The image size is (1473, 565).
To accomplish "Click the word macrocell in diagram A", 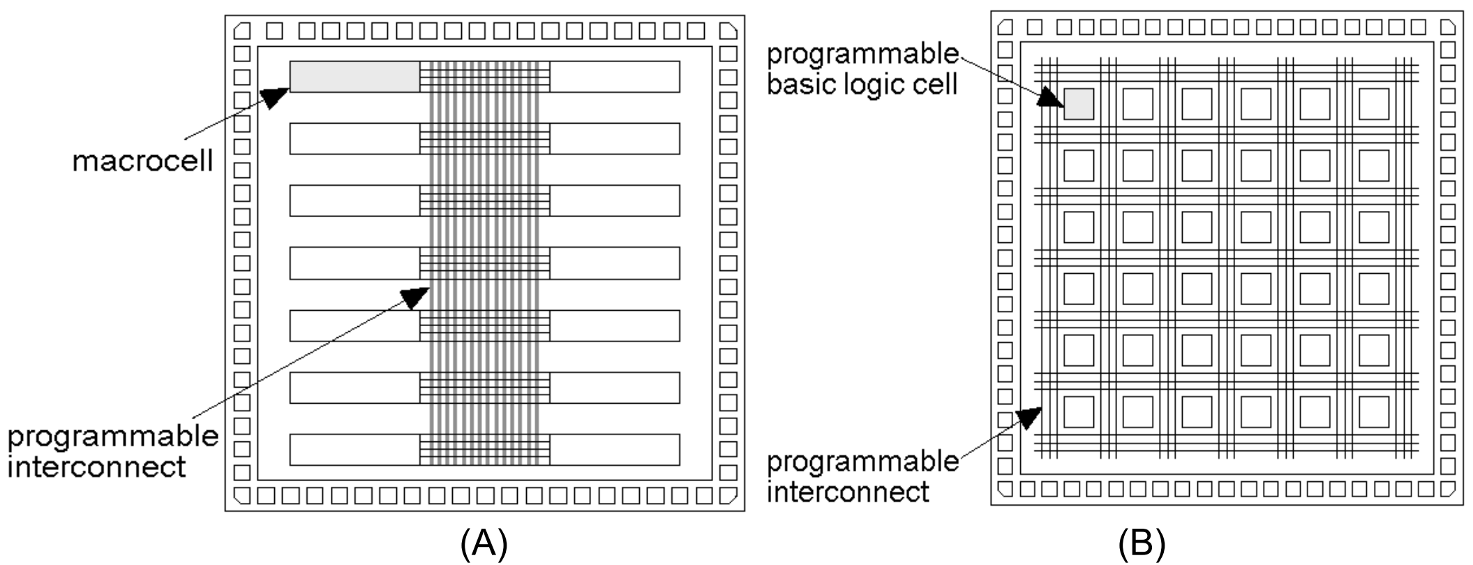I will coord(142,162).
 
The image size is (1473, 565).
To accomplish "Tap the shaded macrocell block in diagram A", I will coord(354,77).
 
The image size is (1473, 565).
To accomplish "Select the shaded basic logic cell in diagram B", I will coord(1078,104).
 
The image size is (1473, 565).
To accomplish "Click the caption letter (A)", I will coord(484,544).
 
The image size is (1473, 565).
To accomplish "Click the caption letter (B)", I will coord(1142,544).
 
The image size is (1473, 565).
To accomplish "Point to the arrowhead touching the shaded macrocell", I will coord(275,98).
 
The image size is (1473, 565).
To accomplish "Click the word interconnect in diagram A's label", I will coord(97,466).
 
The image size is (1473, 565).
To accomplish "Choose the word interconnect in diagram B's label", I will coord(848,491).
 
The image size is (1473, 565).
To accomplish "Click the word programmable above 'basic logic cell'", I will coord(862,54).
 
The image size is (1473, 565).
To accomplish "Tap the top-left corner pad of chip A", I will coord(241,31).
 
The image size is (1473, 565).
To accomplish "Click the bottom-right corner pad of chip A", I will coord(728,495).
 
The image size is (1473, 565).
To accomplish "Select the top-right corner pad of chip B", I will coord(1448,27).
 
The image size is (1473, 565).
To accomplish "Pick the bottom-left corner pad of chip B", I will coord(1005,487).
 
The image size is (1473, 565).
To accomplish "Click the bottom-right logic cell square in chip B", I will coord(1374,412).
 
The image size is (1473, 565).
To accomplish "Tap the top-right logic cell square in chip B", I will coord(1374,104).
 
